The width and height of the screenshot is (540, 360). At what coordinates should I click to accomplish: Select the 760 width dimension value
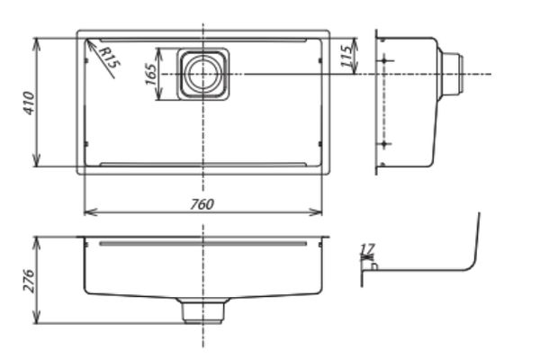[202, 202]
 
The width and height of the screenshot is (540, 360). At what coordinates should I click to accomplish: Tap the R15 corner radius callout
[111, 60]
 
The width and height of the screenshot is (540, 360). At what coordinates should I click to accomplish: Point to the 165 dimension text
[150, 74]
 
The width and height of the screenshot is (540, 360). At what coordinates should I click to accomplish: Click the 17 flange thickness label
[366, 249]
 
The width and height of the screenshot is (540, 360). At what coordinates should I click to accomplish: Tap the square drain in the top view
[202, 73]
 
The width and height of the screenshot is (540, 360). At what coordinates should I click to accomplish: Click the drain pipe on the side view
[453, 73]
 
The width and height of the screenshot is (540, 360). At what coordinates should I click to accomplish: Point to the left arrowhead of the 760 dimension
[86, 212]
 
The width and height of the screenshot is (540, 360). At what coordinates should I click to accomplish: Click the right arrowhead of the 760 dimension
[319, 212]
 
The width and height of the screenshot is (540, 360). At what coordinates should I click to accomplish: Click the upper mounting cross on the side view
[385, 59]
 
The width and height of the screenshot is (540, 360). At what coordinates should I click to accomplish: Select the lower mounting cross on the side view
[385, 144]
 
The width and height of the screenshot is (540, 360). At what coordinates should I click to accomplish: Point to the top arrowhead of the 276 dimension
[37, 240]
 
